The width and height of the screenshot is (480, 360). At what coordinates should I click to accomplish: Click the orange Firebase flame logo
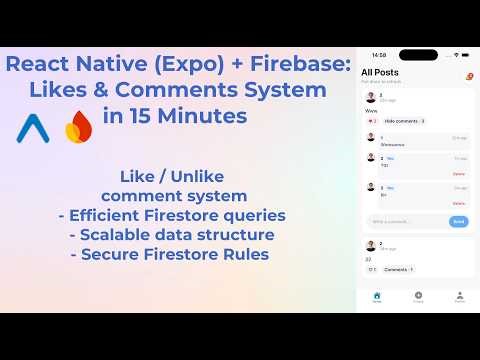coord(77,129)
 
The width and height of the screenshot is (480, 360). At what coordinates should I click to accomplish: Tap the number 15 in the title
coord(147,115)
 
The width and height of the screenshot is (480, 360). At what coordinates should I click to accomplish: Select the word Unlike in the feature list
coord(209,178)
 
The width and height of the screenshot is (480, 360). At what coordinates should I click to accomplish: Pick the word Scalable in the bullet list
coord(119,235)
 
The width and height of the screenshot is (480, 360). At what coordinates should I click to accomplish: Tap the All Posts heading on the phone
coord(381,73)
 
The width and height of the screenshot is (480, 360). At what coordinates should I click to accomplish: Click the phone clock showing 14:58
coord(378,55)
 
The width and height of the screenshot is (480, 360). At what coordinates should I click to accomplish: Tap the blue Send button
coord(459,221)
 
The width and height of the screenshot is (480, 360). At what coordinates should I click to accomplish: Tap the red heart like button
coord(372,121)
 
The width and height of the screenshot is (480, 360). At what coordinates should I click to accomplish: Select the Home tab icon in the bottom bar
coord(377,295)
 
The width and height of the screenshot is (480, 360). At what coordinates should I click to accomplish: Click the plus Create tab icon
coord(418,295)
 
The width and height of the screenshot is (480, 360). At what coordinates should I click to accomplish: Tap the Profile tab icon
coord(459,295)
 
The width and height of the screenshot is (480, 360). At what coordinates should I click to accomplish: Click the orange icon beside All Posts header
coord(468,76)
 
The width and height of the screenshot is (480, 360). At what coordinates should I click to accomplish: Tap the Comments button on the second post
coord(398,269)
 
